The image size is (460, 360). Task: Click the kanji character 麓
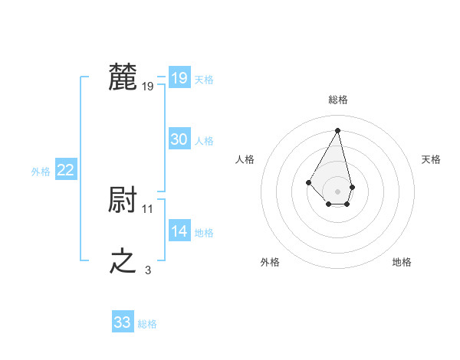click(x=123, y=77)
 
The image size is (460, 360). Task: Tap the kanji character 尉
click(x=123, y=200)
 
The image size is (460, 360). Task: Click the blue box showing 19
click(x=179, y=78)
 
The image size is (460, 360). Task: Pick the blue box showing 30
click(x=179, y=139)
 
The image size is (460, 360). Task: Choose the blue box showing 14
click(x=179, y=231)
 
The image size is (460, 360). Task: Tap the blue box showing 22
click(x=65, y=170)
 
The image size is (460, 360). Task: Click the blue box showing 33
click(x=122, y=322)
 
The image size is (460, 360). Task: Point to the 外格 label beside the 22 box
click(x=41, y=172)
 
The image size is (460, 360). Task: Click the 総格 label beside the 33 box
click(x=147, y=324)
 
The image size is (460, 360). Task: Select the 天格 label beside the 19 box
click(x=204, y=80)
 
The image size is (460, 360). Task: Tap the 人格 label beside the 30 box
click(x=204, y=141)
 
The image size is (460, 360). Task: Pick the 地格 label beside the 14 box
click(x=204, y=233)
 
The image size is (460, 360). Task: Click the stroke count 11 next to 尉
click(x=148, y=208)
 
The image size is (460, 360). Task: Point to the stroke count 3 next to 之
click(x=148, y=270)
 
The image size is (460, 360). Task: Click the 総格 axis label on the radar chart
click(x=338, y=100)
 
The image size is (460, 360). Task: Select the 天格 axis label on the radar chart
click(x=432, y=159)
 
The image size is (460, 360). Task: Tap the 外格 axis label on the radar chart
click(x=270, y=262)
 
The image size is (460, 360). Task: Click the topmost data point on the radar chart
click(x=338, y=129)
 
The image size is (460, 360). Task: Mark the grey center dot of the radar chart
click(x=338, y=191)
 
